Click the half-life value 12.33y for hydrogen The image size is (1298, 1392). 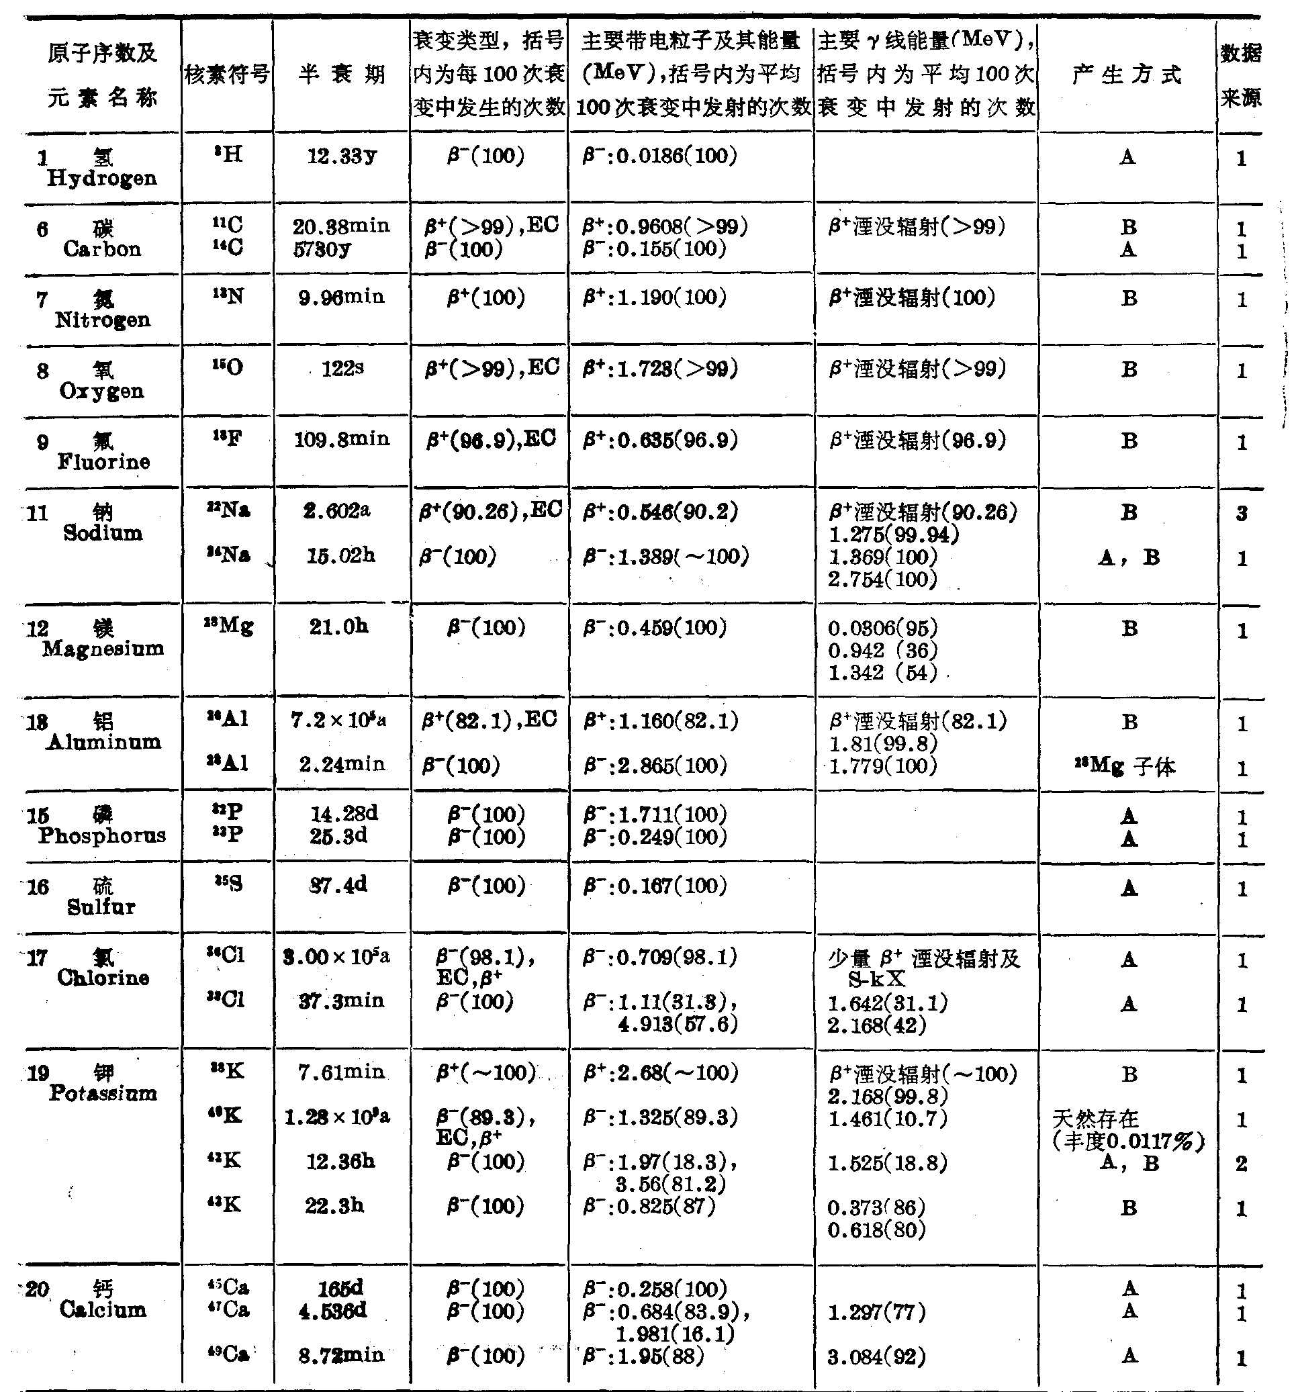(x=342, y=156)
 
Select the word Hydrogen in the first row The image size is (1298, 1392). (x=102, y=179)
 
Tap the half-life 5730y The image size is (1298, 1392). (x=322, y=248)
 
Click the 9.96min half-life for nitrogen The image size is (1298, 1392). (x=342, y=297)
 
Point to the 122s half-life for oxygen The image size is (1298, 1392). (x=342, y=368)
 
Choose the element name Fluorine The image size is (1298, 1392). (x=103, y=462)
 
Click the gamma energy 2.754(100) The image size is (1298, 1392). (x=882, y=579)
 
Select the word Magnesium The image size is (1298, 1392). (x=103, y=649)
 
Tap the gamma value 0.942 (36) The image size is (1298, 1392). (x=882, y=651)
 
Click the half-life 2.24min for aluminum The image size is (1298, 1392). (x=342, y=765)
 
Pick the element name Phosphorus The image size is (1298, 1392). (x=102, y=835)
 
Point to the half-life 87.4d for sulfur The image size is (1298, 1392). (x=338, y=885)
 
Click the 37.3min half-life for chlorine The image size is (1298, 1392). (x=342, y=1001)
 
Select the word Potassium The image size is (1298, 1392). (x=103, y=1093)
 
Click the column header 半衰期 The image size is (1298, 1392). (x=342, y=75)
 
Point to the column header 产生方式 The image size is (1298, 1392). (x=1127, y=75)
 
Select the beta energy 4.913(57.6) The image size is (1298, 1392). (x=677, y=1025)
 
